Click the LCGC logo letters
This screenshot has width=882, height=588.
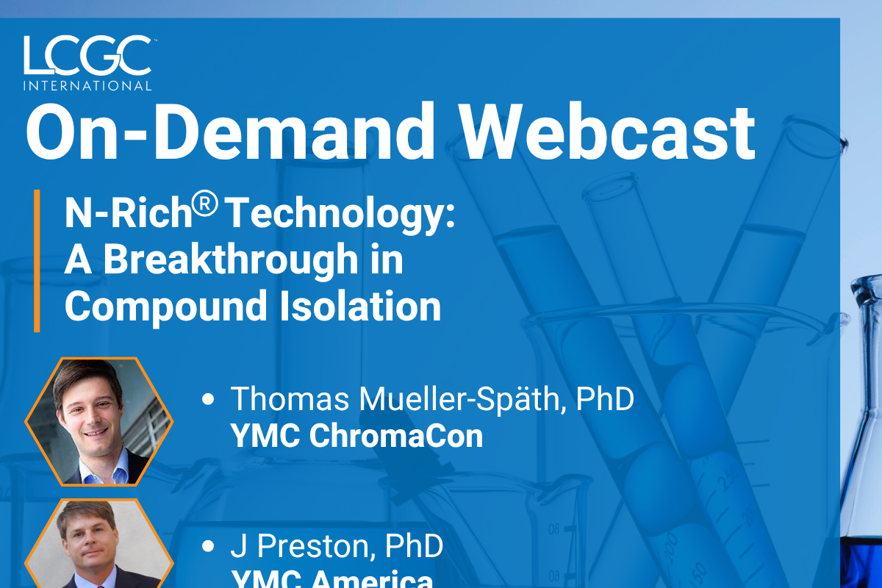tap(87, 54)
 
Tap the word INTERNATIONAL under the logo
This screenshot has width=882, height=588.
tap(87, 86)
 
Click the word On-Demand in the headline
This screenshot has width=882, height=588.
tap(230, 132)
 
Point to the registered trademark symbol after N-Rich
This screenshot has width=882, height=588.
tap(205, 203)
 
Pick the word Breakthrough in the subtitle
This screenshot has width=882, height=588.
tap(231, 260)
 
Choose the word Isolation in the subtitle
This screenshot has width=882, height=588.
tap(360, 306)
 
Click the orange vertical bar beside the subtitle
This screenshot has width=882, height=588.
tap(37, 261)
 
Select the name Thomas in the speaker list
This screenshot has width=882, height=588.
tap(290, 398)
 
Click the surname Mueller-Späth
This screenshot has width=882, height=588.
tap(462, 399)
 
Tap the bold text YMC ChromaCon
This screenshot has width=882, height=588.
tap(356, 436)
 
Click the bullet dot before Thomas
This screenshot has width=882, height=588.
tap(208, 399)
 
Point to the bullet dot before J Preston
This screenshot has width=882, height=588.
tap(208, 546)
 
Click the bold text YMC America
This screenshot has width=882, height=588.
tap(332, 579)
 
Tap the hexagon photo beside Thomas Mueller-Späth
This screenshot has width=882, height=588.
tap(98, 421)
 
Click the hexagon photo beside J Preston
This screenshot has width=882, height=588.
tap(98, 543)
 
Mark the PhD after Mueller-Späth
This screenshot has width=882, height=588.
tap(605, 398)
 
